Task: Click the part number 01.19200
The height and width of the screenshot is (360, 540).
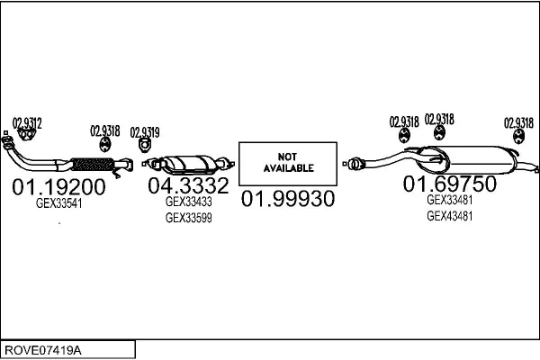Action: tap(58, 186)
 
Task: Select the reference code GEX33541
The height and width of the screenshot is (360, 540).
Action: tap(58, 203)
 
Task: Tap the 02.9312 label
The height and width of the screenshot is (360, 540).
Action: tap(27, 123)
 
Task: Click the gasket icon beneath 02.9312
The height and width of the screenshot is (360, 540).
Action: tap(26, 135)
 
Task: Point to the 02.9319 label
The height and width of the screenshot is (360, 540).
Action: tap(145, 132)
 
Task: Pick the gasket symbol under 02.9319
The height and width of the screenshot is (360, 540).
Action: tap(145, 145)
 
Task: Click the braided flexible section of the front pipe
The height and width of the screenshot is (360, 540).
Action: tap(93, 165)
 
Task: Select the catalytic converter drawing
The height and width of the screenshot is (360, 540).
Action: tap(189, 165)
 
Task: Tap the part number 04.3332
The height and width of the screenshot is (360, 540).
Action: tap(188, 185)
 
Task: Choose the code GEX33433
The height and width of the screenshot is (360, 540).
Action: tap(189, 202)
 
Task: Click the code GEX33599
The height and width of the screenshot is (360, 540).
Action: tap(189, 218)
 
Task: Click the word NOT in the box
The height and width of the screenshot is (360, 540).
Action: tap(287, 157)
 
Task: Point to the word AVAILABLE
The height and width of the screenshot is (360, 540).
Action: tap(289, 168)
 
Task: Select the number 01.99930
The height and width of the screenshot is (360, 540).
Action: tap(288, 199)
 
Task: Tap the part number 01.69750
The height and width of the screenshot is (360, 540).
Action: tap(450, 184)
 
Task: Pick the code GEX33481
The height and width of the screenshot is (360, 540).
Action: tap(450, 200)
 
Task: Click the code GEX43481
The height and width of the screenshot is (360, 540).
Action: tap(450, 216)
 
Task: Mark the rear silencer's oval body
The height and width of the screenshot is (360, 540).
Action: tap(466, 160)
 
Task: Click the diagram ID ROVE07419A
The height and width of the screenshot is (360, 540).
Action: tap(43, 350)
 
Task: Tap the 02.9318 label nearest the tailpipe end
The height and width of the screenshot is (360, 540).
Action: tap(518, 123)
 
